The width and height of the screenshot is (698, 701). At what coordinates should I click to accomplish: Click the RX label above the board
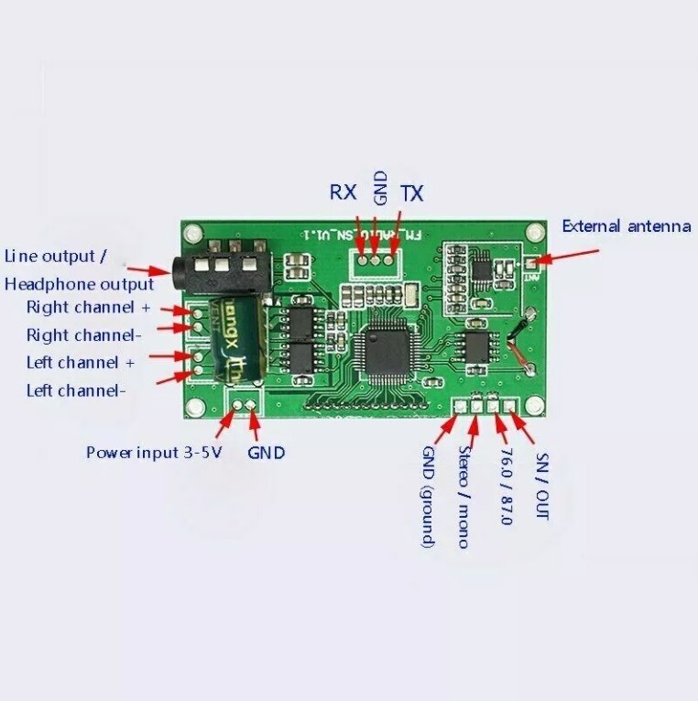click(343, 192)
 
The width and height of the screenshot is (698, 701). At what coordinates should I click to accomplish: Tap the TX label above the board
click(412, 193)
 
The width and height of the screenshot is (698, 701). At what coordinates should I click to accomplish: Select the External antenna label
click(626, 225)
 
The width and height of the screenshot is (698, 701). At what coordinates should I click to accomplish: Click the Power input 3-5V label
click(154, 452)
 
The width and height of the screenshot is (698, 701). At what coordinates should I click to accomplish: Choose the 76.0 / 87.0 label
click(505, 487)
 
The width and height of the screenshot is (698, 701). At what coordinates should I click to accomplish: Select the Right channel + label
click(88, 307)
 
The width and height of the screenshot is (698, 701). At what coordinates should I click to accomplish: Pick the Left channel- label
click(76, 390)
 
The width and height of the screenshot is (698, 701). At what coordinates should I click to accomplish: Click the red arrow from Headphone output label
click(147, 269)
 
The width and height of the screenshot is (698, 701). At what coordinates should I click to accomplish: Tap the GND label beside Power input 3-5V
click(267, 452)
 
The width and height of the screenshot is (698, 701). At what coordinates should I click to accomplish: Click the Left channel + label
click(81, 363)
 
